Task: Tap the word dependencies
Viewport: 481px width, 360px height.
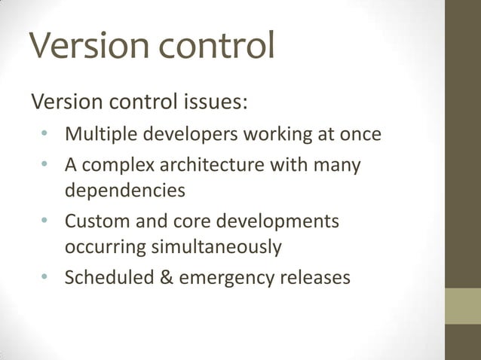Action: point(124,190)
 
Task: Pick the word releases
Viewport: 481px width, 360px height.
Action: point(314,278)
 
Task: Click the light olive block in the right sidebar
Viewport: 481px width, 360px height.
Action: point(462,306)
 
